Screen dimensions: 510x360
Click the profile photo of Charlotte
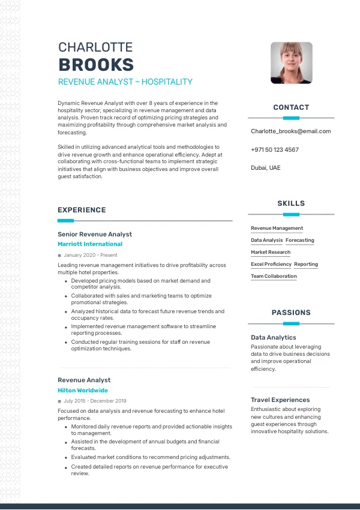click(291, 62)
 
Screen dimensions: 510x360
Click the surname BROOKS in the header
click(96, 65)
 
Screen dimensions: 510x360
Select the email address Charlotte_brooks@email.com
click(290, 131)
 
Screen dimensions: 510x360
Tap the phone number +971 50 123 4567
click(275, 149)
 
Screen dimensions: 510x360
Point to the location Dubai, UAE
click(265, 168)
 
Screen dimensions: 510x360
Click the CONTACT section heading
click(291, 107)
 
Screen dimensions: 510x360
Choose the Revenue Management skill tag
click(277, 228)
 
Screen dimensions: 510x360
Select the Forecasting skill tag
click(299, 240)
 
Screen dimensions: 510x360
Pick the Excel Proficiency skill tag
click(271, 264)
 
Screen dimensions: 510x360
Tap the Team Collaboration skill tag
click(274, 276)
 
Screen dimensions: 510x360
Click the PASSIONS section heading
click(291, 313)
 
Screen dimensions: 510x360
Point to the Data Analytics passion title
click(273, 338)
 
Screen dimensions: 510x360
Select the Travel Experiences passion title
click(280, 400)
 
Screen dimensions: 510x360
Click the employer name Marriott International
click(90, 244)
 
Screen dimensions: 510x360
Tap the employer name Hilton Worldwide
click(83, 390)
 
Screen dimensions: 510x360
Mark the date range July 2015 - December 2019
click(95, 401)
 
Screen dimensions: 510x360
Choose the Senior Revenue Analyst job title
click(95, 234)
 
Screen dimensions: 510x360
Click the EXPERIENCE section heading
click(82, 210)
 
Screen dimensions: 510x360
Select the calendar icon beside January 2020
click(59, 256)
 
